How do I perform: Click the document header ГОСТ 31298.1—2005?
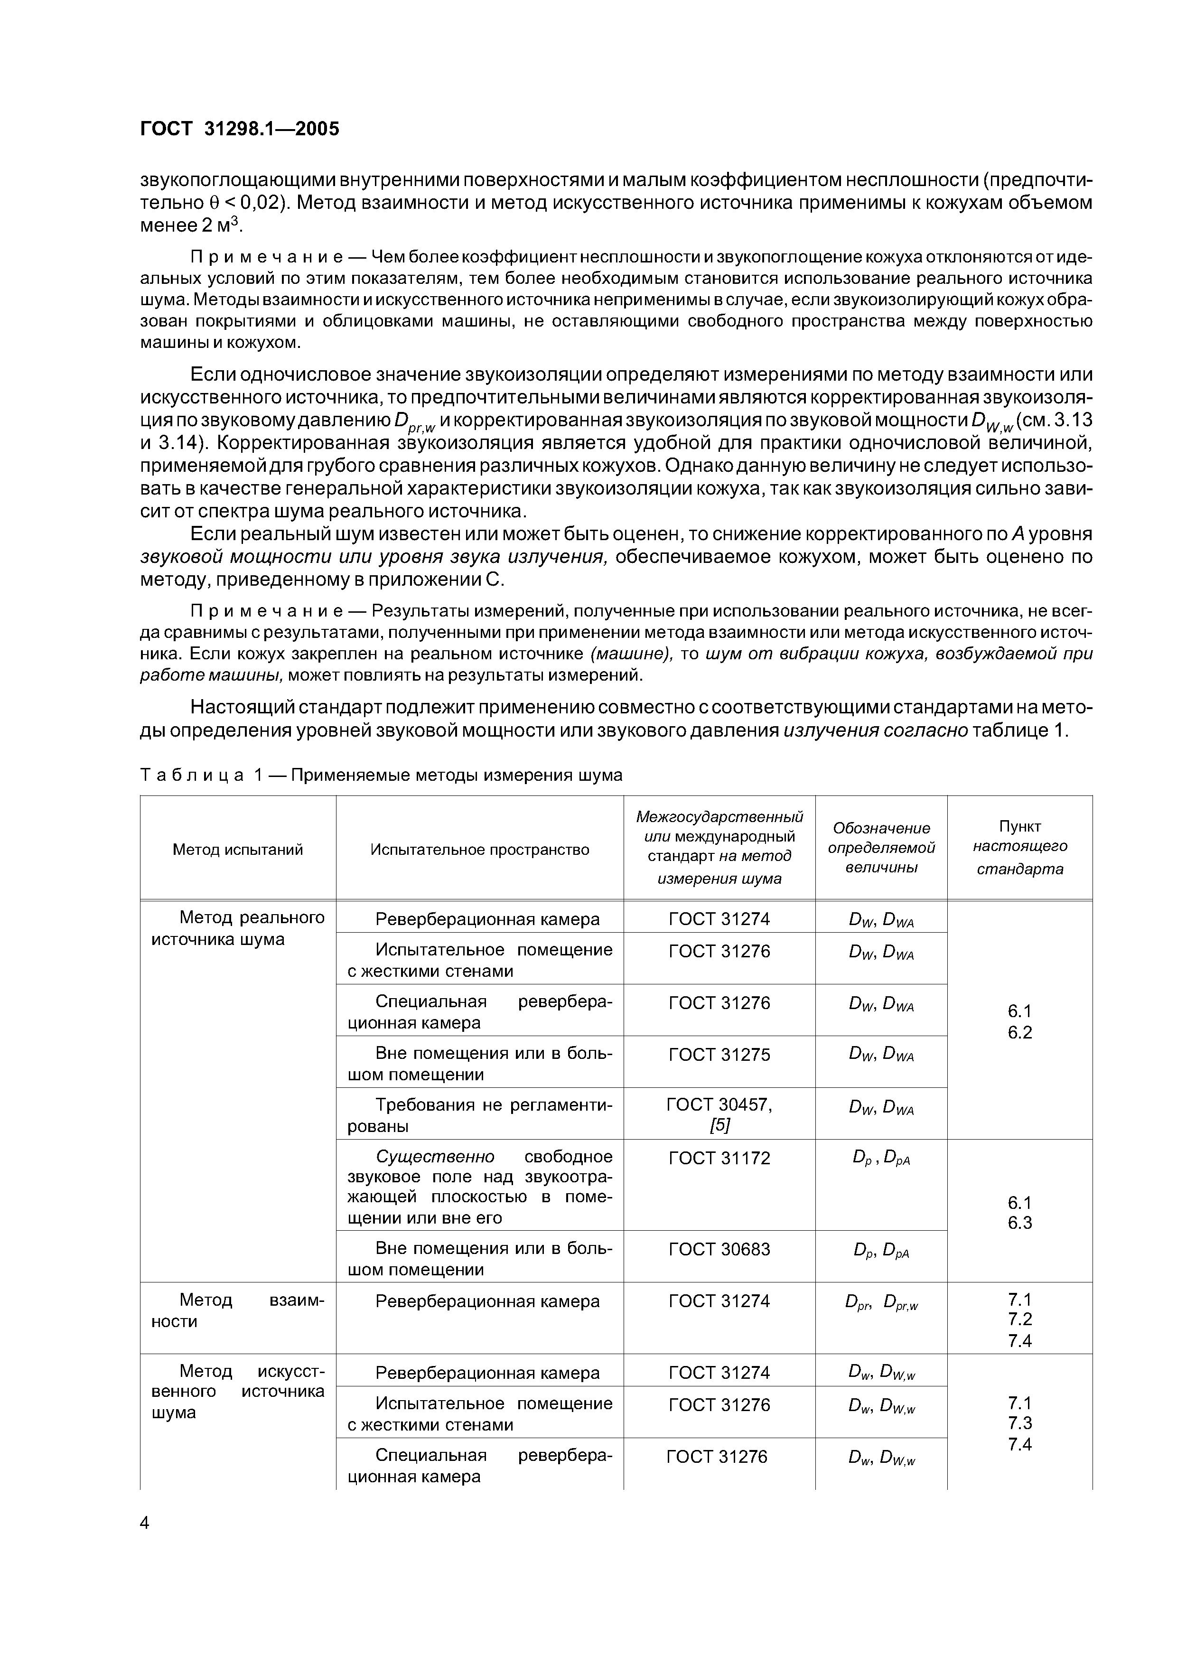tap(239, 129)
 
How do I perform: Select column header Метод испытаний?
tap(237, 849)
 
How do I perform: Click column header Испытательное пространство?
tap(479, 849)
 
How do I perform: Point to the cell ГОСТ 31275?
tap(719, 1055)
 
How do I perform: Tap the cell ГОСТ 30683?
tap(719, 1250)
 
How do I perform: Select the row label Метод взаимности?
tap(237, 1311)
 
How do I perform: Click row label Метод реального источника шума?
tap(237, 928)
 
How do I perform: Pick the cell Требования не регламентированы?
tap(479, 1115)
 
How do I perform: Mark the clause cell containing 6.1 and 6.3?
tap(1019, 1213)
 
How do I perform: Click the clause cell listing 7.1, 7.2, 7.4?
tap(1019, 1320)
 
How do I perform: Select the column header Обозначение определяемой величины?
tap(881, 848)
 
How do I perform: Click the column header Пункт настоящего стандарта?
tap(1019, 848)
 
